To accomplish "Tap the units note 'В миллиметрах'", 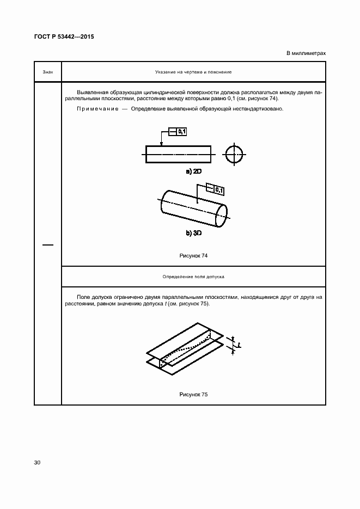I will [x=306, y=53].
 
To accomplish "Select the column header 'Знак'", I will [x=47, y=72].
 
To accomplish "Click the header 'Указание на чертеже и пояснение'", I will [x=193, y=72].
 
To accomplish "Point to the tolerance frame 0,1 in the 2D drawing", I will [x=178, y=131].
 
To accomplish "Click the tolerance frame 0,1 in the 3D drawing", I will [x=216, y=189].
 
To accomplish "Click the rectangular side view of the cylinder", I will [x=178, y=154].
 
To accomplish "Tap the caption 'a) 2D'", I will [x=194, y=171].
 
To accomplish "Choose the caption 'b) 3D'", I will [x=194, y=233].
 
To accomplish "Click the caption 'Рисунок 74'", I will [x=193, y=255].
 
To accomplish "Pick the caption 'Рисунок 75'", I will [x=193, y=394].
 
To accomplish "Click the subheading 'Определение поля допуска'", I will [x=193, y=277].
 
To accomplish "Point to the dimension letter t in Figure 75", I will [x=239, y=345].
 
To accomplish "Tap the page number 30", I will [x=37, y=463].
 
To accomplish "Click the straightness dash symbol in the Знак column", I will [x=48, y=245].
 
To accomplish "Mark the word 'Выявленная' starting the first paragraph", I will [x=92, y=93].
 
